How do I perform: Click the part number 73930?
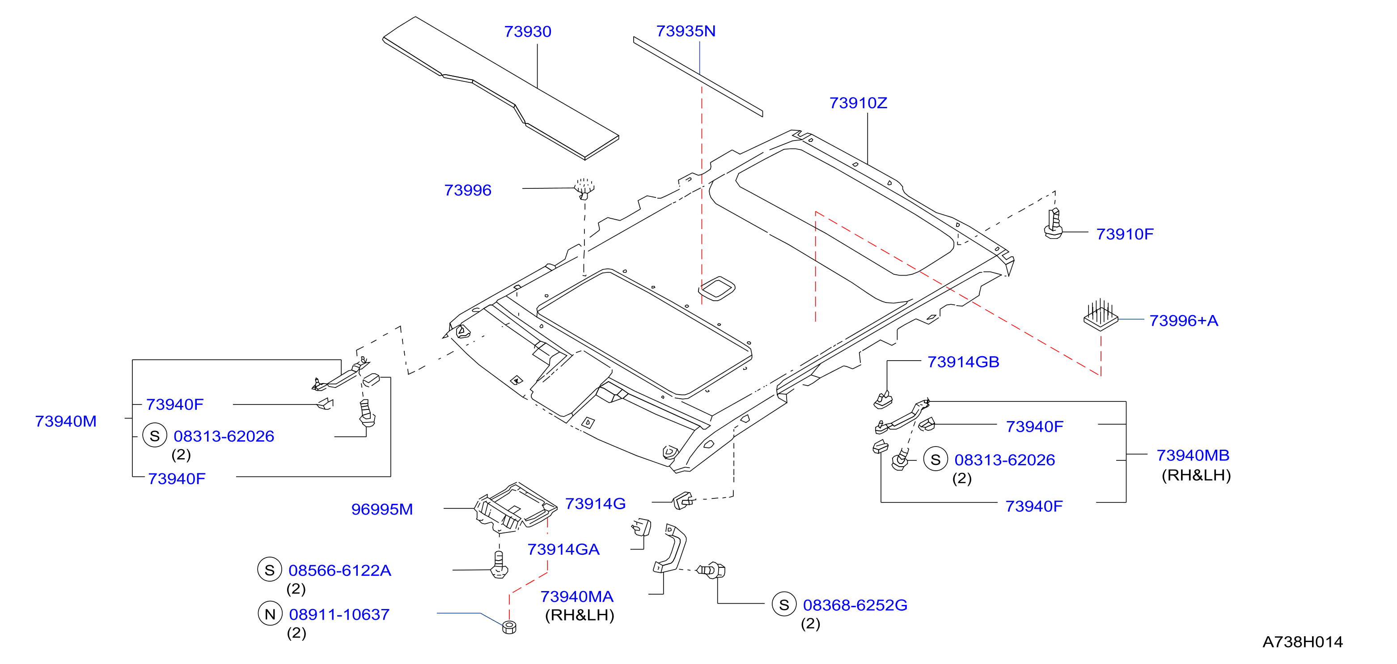[527, 31]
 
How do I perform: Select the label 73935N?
[686, 31]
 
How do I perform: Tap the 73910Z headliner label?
[858, 102]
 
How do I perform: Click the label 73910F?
[1125, 234]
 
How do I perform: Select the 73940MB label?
[1193, 455]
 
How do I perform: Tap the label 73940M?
[66, 421]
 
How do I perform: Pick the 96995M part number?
[382, 509]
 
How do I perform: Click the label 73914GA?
[563, 549]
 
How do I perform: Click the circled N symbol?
[270, 613]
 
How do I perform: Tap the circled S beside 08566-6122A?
[270, 570]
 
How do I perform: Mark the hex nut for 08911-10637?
[509, 627]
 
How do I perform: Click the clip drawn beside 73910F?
[1054, 224]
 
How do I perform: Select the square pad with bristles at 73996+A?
[1101, 315]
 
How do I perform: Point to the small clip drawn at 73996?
[584, 188]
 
